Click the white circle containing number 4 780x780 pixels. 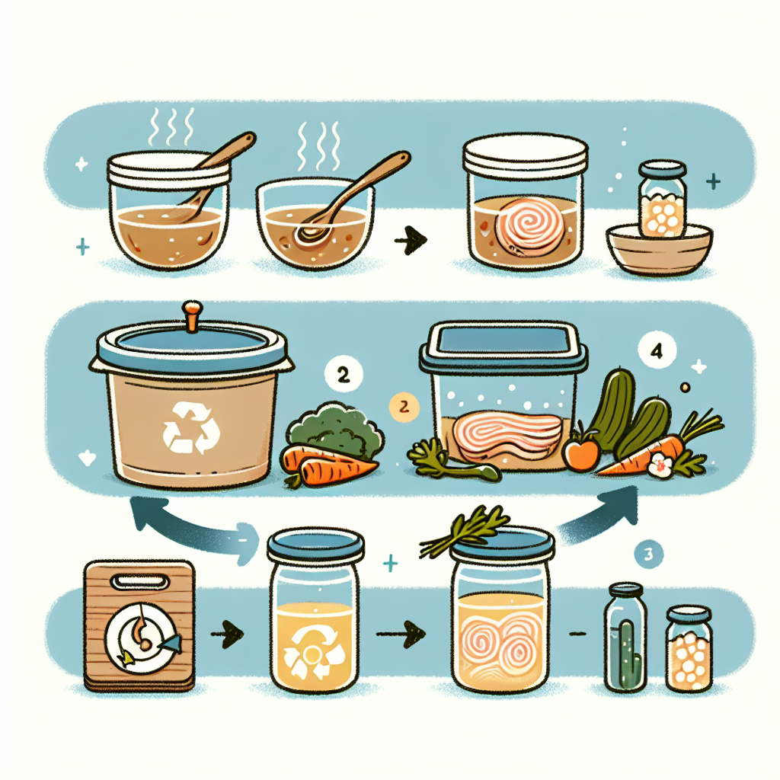[x=657, y=350]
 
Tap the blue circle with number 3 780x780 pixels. [x=649, y=554]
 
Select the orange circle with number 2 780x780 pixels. [x=404, y=407]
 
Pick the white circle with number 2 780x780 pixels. [x=344, y=375]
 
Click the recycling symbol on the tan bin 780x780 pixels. [x=191, y=428]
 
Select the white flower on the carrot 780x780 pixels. [x=660, y=465]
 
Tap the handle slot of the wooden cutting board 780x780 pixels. [x=139, y=581]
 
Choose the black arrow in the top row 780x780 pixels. [x=411, y=241]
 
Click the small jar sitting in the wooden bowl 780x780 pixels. [x=662, y=199]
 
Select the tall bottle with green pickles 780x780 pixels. [x=626, y=638]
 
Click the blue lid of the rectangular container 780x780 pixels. [x=503, y=346]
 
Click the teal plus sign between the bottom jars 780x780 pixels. [x=390, y=563]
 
